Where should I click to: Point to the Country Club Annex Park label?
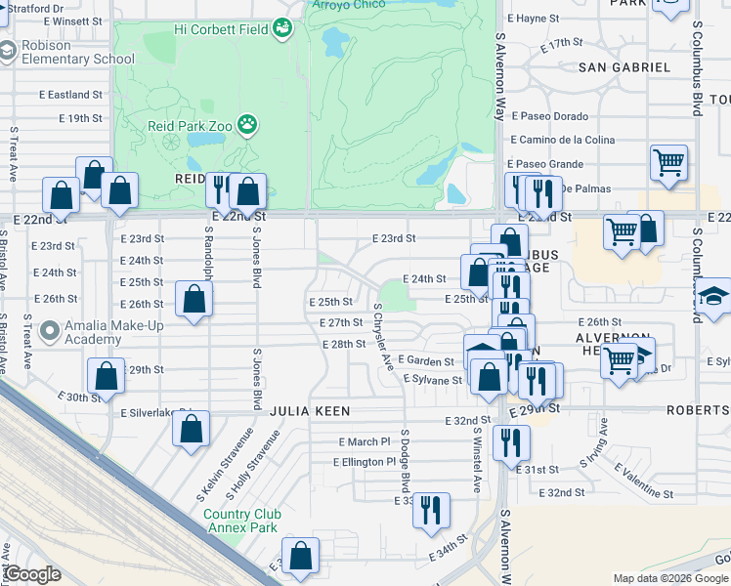tap(242, 521)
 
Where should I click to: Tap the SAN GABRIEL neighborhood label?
tap(624, 67)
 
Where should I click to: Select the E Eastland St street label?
tap(70, 95)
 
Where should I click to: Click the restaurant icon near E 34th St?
tap(430, 510)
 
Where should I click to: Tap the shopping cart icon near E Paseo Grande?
tap(668, 162)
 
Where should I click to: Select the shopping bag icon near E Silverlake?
tap(192, 429)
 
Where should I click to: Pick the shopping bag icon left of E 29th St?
tap(106, 376)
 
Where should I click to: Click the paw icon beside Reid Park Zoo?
tap(249, 124)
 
